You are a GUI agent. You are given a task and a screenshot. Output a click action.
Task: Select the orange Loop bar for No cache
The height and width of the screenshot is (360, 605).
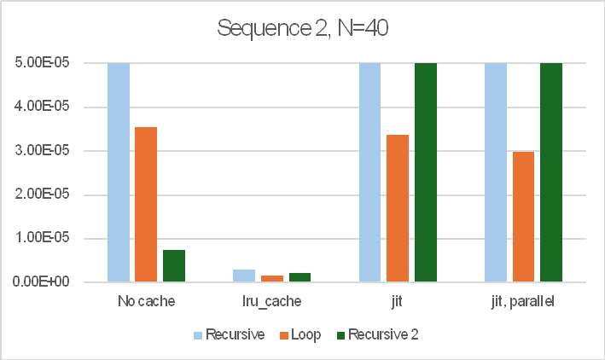[146, 205]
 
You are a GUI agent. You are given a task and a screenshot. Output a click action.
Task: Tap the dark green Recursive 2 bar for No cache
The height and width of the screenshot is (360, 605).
[174, 265]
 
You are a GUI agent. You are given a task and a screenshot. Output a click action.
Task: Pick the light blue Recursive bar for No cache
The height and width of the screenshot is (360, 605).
[118, 171]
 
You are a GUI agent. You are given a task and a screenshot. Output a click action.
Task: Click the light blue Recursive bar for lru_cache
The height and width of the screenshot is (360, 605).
[244, 276]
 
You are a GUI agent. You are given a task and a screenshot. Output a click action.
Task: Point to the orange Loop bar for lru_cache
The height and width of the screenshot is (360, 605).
[272, 278]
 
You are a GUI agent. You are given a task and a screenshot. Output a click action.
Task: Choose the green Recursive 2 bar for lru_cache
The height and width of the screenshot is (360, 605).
[300, 277]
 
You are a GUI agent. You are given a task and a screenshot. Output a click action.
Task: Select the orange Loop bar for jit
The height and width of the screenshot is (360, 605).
[398, 208]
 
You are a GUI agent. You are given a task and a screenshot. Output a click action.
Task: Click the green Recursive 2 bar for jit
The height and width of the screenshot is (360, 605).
[426, 171]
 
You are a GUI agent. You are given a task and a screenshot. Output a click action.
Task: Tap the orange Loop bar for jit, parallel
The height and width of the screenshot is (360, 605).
[523, 217]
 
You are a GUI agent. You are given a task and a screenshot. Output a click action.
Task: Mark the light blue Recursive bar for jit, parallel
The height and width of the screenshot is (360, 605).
[496, 171]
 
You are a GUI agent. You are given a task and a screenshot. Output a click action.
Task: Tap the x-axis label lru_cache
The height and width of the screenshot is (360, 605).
[272, 301]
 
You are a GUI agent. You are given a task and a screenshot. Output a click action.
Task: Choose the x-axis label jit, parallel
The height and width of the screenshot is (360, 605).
[523, 301]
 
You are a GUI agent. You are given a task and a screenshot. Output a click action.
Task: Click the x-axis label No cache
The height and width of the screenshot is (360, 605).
[146, 301]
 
